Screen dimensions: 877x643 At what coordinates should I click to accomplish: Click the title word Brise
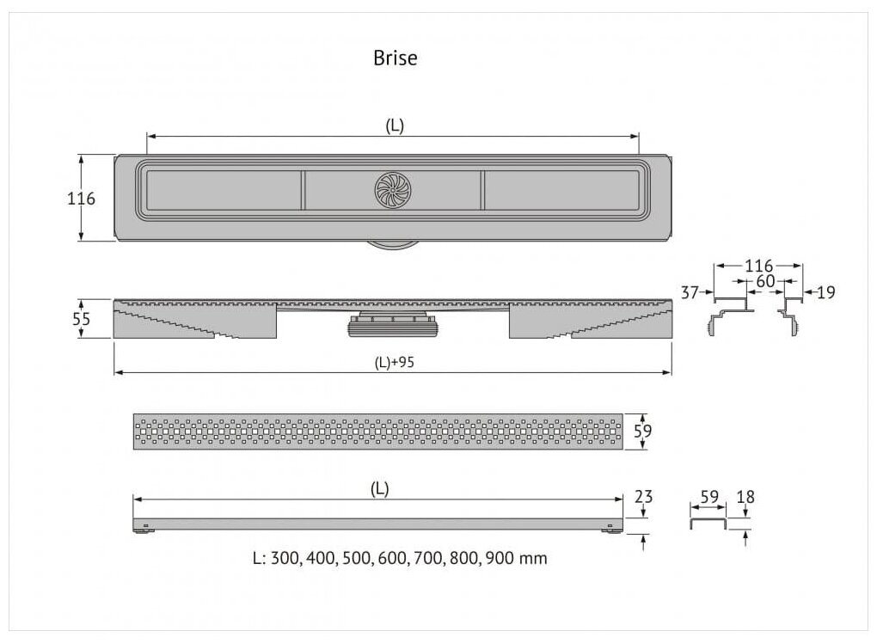(x=395, y=58)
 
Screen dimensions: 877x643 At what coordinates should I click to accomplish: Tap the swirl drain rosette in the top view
(x=394, y=189)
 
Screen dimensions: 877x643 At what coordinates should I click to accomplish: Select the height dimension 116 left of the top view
(x=81, y=199)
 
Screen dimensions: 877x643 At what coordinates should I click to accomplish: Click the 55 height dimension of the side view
(x=81, y=318)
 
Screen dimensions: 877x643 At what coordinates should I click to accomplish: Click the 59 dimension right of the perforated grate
(x=642, y=431)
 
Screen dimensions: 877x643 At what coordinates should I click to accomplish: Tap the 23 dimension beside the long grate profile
(x=643, y=497)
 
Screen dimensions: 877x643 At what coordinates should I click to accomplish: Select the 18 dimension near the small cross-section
(x=745, y=497)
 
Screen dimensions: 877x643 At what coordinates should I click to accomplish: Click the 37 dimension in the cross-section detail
(x=690, y=292)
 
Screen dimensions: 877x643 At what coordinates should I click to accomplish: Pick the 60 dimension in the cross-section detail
(x=765, y=281)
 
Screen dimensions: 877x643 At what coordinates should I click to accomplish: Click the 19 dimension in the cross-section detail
(x=825, y=292)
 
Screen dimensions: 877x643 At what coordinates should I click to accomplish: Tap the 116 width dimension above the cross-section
(x=758, y=266)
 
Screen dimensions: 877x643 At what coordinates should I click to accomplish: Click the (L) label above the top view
(x=394, y=126)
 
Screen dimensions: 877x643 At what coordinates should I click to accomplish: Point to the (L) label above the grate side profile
(x=379, y=488)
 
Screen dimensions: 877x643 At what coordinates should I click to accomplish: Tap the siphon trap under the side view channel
(x=393, y=324)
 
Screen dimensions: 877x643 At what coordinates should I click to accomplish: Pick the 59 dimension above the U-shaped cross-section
(x=709, y=497)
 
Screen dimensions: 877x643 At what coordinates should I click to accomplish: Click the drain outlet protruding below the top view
(x=394, y=244)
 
